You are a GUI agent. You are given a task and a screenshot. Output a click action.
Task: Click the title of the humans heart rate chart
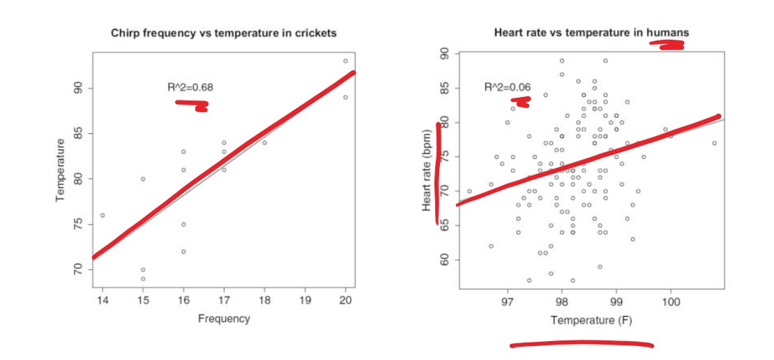click(x=591, y=33)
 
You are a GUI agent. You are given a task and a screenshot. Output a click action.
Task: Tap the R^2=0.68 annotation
click(x=190, y=87)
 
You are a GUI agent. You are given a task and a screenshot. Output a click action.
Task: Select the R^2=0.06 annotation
click(x=508, y=87)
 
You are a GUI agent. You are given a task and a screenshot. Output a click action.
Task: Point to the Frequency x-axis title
click(x=224, y=319)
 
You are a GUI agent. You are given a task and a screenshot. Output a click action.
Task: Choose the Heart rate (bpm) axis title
click(x=427, y=171)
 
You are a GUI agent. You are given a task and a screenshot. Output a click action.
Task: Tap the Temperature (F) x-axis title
click(x=591, y=320)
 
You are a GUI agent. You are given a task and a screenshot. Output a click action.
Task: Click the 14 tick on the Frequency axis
click(x=103, y=300)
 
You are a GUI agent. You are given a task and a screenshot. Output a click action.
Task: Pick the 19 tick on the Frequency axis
click(x=305, y=300)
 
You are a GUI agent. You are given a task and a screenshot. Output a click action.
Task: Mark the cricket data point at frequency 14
click(x=103, y=215)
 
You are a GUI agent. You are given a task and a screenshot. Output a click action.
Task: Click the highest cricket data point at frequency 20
click(x=345, y=61)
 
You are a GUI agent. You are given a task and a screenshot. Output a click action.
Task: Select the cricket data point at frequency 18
click(x=264, y=142)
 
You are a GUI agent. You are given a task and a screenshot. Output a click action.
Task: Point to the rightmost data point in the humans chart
click(x=714, y=143)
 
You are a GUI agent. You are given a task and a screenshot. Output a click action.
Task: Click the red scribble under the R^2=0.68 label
click(x=192, y=105)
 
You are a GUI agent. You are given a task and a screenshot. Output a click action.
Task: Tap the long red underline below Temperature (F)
click(x=581, y=344)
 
